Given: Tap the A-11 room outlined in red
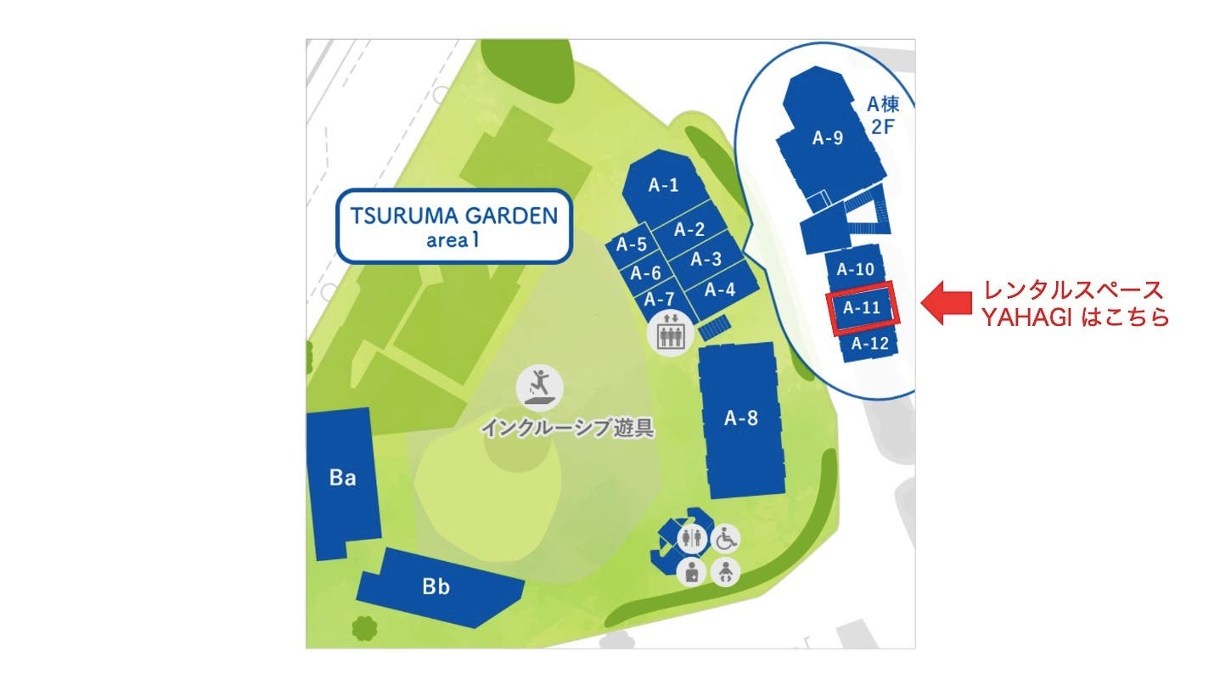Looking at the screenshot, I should tap(862, 308).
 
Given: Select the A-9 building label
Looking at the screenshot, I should tap(828, 138).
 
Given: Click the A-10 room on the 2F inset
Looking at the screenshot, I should tap(854, 270).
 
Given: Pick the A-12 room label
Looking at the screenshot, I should tap(869, 344).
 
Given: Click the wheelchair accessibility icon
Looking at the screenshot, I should tap(725, 536).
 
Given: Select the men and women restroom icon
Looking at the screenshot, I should tap(693, 536).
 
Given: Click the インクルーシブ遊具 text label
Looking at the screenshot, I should tap(567, 427).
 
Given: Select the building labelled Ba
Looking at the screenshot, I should tap(341, 479).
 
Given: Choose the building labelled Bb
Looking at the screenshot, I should tap(436, 587).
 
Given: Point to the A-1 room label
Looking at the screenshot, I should tap(664, 185).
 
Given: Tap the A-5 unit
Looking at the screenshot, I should tap(632, 245).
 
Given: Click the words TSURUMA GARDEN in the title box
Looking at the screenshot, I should tap(454, 215).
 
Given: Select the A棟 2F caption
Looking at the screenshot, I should tap(882, 115).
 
